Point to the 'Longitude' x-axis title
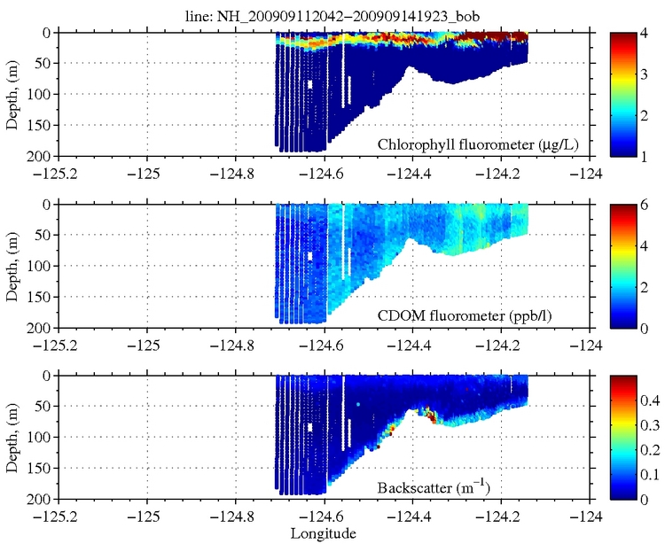point(325,533)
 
